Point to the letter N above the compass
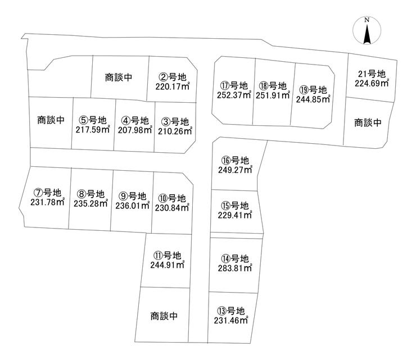click(367, 21)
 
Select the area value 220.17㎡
click(172, 87)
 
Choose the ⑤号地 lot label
click(92, 120)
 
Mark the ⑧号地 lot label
click(91, 194)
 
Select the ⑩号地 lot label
click(171, 198)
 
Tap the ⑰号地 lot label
click(234, 86)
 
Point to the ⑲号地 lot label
click(313, 89)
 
